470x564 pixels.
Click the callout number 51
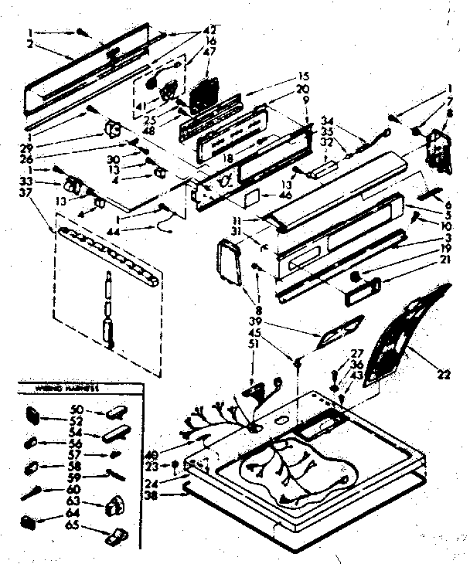coord(253,345)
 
